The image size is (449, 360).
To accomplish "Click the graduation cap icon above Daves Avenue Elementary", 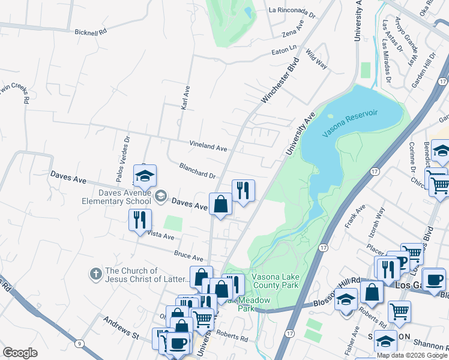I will click(145, 176).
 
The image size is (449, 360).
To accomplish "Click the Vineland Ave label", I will click(208, 146).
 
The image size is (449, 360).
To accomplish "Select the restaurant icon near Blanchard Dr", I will click(243, 191).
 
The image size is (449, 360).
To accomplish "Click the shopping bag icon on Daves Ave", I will click(220, 204).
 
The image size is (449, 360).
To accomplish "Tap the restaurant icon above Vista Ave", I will click(140, 220).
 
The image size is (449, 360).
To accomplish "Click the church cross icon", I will click(95, 274).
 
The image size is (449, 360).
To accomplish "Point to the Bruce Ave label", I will click(188, 256).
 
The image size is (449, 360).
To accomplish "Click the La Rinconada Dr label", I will click(292, 10).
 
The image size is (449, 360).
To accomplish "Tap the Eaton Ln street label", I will click(285, 49).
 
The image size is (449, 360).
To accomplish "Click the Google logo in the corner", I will click(20, 353).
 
